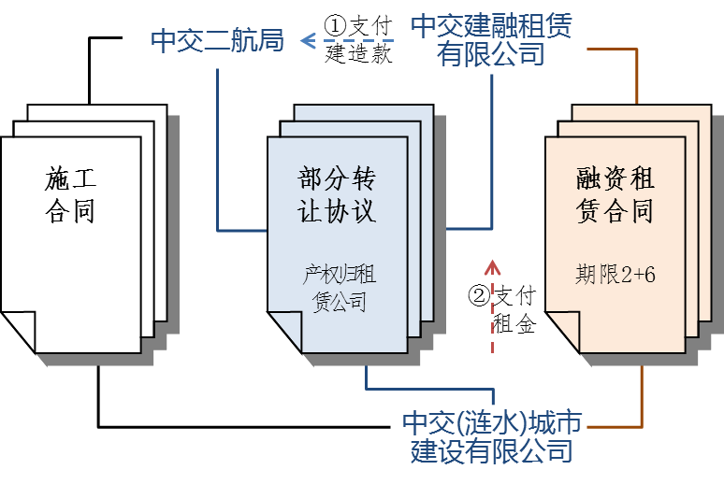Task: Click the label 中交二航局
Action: click(217, 41)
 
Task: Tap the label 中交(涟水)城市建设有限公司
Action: click(492, 436)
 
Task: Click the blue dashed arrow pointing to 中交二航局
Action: click(346, 40)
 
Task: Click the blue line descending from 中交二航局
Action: click(217, 140)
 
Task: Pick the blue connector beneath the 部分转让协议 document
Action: click(367, 378)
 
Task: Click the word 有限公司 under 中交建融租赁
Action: click(492, 55)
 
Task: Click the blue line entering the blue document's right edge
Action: click(468, 229)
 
